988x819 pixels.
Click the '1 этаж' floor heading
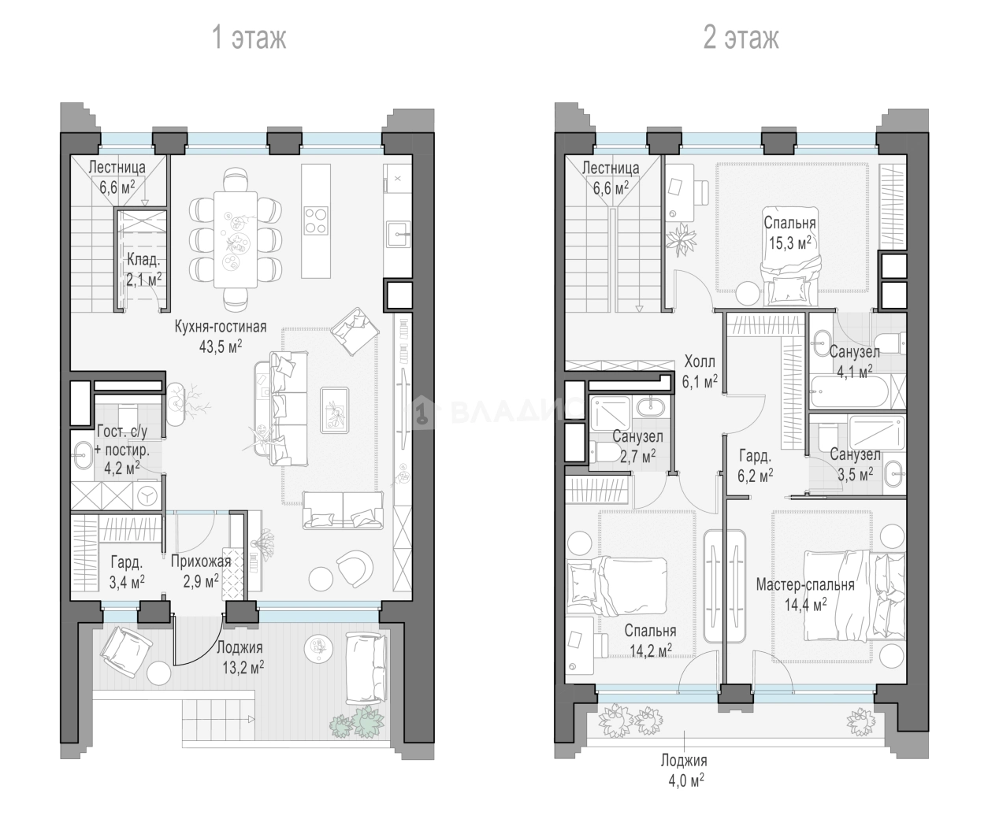(249, 38)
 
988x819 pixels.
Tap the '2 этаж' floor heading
(741, 38)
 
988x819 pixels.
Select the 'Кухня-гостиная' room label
(221, 327)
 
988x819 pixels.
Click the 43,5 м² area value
(221, 346)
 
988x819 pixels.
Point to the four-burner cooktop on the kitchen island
(316, 220)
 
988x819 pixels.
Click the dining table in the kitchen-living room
(235, 239)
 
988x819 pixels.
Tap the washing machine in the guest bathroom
(148, 495)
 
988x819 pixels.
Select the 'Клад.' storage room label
(143, 260)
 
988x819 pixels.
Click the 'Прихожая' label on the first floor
(201, 561)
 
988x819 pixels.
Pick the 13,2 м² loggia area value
(243, 668)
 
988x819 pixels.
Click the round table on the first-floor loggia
(158, 673)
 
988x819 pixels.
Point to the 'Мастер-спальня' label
(805, 585)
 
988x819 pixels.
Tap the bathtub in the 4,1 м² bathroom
(850, 392)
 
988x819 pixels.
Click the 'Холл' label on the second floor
(700, 361)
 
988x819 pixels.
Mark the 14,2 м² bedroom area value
(651, 651)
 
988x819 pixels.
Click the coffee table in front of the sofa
(335, 410)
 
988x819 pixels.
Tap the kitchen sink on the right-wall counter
(398, 235)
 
